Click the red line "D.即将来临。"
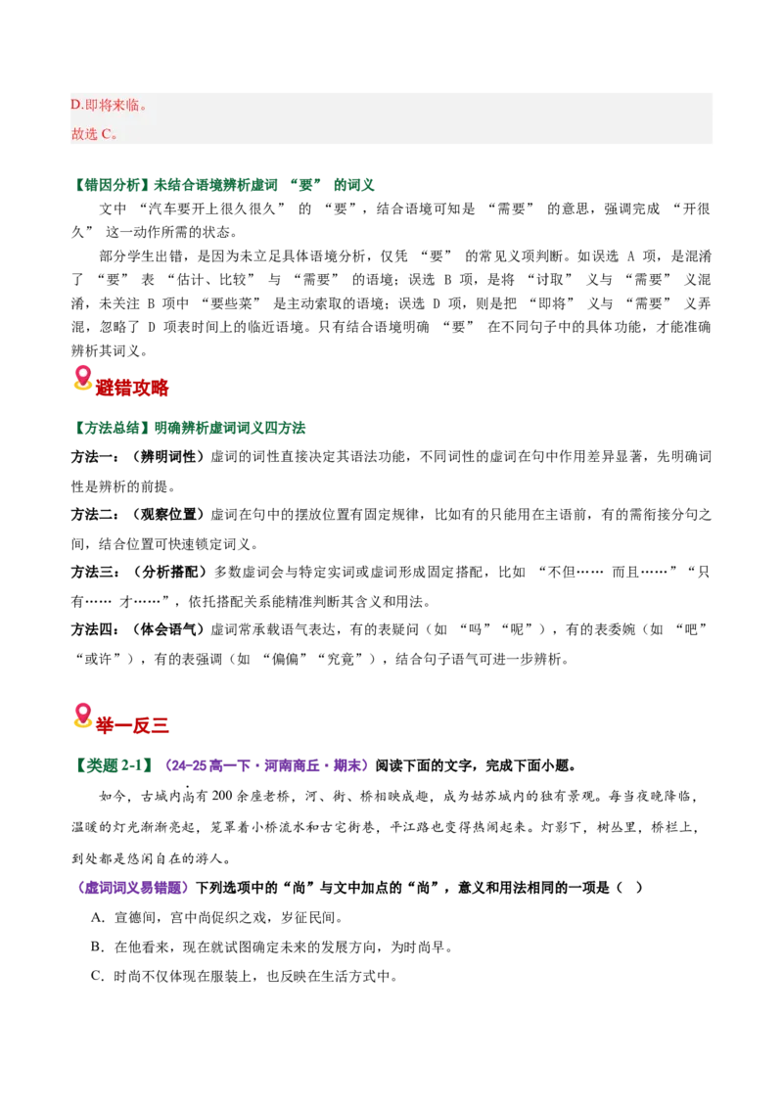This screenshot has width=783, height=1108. pos(109,106)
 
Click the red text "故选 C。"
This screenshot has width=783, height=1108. pos(94,133)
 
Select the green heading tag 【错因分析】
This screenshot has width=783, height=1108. pos(112,185)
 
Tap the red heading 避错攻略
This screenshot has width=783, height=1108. pos(132,388)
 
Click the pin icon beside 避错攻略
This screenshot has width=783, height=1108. pos(82,378)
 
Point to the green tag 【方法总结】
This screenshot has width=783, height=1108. pos(112,428)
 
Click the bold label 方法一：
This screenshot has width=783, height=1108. pos(95,457)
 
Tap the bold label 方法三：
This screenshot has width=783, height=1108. pos(95,572)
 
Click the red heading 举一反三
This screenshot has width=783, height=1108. pos(132,725)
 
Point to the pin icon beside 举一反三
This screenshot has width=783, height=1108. pos(82,716)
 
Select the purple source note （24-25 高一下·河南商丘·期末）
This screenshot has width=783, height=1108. pos(266,765)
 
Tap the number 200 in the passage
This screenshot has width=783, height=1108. pos(222,796)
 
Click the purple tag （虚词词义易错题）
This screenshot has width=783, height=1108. pos(131,888)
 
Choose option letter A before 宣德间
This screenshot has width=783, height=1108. pos(98,917)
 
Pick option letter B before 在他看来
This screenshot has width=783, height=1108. pos(98,946)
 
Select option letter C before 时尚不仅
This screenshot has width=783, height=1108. pos(98,976)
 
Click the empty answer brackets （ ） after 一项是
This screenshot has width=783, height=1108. pos(629,888)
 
